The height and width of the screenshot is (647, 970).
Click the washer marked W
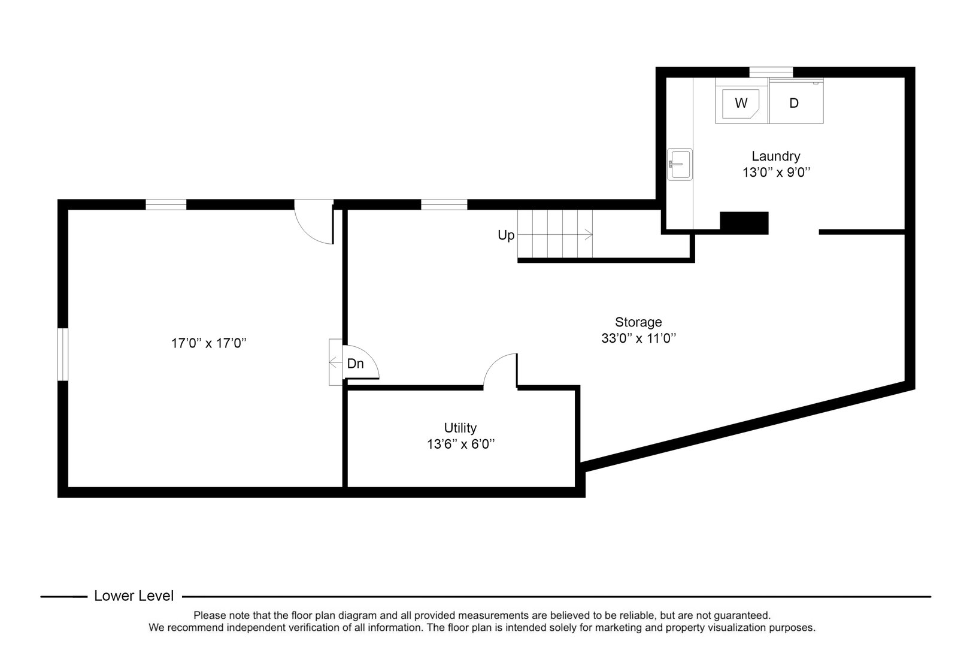point(741,103)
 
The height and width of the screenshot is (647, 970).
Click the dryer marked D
point(795,103)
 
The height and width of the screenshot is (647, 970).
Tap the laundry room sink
point(680,164)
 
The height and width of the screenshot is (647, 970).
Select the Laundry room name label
point(775,156)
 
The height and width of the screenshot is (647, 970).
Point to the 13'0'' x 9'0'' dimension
point(775,173)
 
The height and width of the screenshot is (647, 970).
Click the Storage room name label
point(638,322)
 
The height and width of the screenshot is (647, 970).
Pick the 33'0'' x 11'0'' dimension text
point(638,338)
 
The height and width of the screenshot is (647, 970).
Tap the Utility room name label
point(460,428)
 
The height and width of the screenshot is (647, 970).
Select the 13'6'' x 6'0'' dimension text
point(460,445)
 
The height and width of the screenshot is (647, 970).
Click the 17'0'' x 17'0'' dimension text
point(209,343)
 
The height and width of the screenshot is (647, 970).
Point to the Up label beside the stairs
point(506,235)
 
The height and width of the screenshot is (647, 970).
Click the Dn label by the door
point(356,364)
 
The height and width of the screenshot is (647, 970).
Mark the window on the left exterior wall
point(63,353)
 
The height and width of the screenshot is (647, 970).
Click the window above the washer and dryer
point(771,72)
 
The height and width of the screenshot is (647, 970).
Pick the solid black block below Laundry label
point(744,223)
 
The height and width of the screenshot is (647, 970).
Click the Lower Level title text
point(134,596)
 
